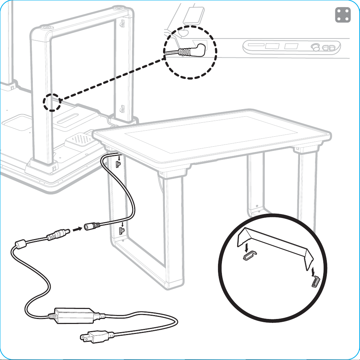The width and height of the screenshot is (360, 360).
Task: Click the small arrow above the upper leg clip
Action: (x=118, y=156)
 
